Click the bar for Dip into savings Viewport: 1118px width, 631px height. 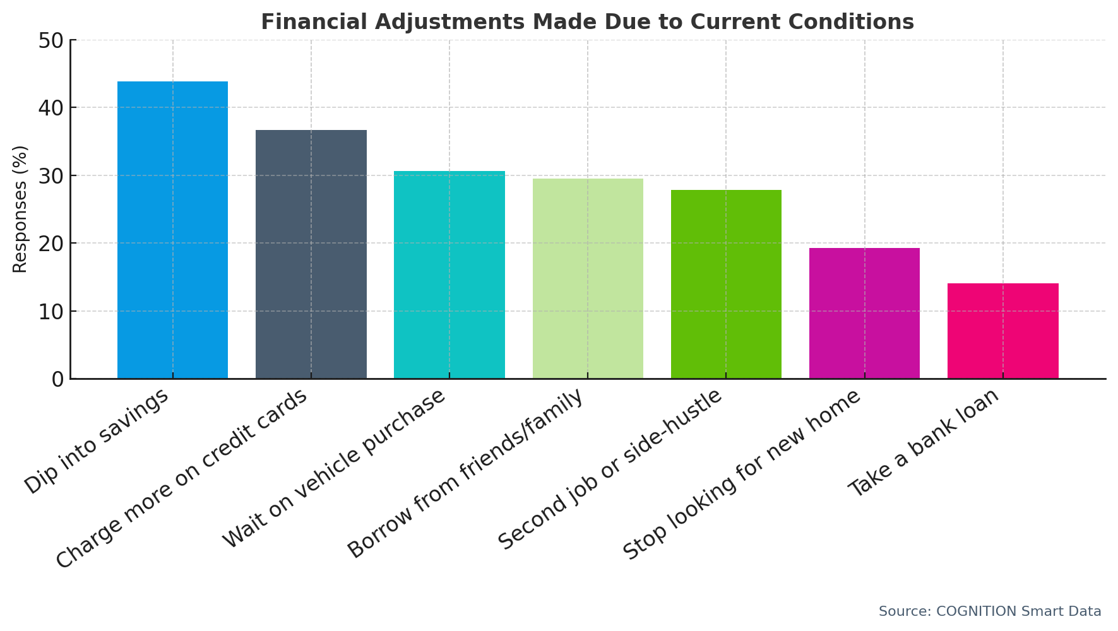coord(172,230)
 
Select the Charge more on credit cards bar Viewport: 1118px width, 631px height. coord(311,254)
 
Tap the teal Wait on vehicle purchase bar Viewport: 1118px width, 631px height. coord(449,275)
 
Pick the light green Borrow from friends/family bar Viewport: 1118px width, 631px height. coord(588,279)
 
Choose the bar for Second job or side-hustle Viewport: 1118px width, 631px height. coord(726,285)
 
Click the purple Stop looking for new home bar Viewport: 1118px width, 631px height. coord(864,314)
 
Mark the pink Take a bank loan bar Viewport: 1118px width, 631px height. coord(1002,331)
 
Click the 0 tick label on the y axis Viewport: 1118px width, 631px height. coord(57,379)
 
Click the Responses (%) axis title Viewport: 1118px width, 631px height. coord(20,209)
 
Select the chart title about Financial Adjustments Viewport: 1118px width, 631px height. coord(587,22)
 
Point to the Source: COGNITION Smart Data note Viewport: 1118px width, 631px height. coord(989,611)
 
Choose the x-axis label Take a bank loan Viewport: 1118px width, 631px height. coord(924,442)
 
